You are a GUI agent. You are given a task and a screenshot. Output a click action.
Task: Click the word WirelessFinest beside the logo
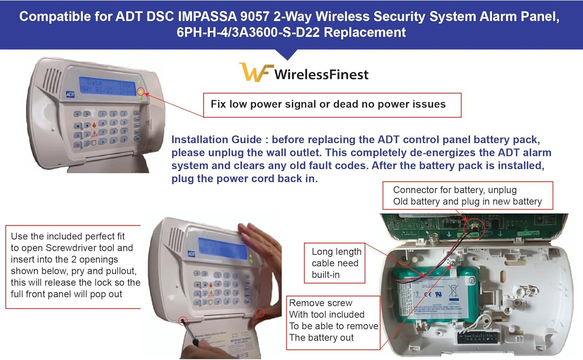click(321, 75)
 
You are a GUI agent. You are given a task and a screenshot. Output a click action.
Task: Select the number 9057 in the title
click(254, 17)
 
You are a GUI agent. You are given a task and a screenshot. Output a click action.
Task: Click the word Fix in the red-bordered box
click(218, 104)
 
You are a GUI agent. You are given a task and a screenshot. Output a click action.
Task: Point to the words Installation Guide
click(216, 140)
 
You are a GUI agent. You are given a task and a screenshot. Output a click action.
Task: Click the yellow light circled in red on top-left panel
click(140, 92)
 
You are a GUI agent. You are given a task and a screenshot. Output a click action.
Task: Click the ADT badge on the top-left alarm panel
click(70, 94)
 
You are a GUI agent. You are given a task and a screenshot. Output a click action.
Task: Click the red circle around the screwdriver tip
click(183, 321)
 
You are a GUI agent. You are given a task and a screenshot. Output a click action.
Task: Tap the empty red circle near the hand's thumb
click(260, 312)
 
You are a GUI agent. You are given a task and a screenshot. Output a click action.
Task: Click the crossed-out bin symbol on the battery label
click(453, 291)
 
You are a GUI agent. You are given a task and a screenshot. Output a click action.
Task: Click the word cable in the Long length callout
click(323, 263)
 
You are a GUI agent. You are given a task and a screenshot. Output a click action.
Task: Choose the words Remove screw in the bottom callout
click(321, 303)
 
